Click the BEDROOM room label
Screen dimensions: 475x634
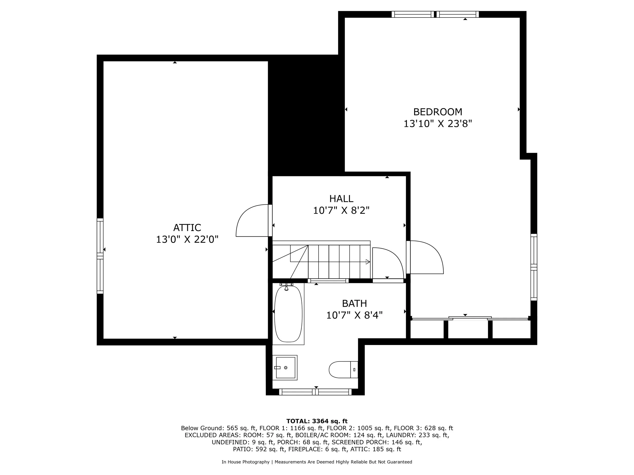pos(437,112)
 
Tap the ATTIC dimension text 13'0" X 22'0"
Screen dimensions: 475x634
pos(187,239)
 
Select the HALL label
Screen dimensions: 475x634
pos(341,198)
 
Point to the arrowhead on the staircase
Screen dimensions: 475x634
pos(368,262)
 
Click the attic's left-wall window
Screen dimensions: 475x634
pos(100,256)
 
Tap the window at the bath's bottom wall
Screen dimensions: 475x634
pos(315,392)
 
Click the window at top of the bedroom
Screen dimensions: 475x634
pos(435,14)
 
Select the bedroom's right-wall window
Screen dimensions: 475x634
pos(534,267)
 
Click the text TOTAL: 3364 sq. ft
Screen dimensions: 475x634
pos(317,421)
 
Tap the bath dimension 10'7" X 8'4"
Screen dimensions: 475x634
pos(354,315)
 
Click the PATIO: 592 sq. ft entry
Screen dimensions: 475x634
pos(259,449)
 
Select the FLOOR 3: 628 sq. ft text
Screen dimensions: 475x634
pos(423,428)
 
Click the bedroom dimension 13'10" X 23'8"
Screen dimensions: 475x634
pos(437,124)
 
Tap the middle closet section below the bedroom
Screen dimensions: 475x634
pos(468,329)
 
